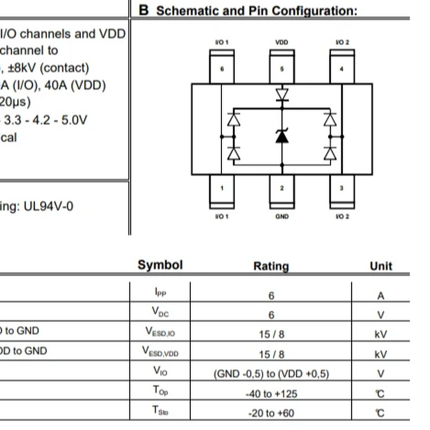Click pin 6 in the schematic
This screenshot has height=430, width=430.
click(221, 68)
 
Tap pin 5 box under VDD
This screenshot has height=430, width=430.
click(282, 68)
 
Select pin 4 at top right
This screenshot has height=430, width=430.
click(342, 68)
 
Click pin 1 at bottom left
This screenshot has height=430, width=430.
click(221, 188)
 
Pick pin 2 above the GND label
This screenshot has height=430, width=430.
click(282, 188)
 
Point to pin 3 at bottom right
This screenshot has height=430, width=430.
click(342, 188)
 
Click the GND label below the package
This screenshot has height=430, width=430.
click(282, 217)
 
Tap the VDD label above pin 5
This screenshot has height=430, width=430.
click(281, 42)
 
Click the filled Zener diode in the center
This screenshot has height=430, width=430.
click(282, 136)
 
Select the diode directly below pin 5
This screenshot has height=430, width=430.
click(282, 95)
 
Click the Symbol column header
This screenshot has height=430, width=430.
click(160, 265)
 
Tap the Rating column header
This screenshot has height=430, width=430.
click(271, 266)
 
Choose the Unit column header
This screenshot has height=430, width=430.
click(381, 266)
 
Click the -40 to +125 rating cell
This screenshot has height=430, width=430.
click(271, 394)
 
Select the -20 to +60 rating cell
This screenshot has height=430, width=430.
click(271, 413)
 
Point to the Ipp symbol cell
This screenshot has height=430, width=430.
click(160, 292)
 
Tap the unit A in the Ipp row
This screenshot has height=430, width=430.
click(381, 296)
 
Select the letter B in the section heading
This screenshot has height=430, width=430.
click(144, 10)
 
